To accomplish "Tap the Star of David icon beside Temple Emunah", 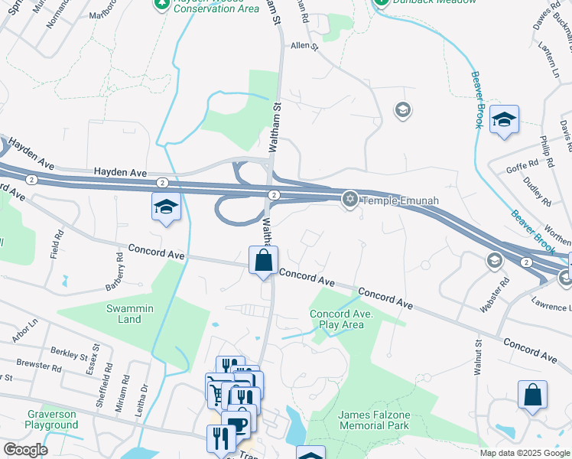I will (350, 200).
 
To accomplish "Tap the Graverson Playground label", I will (51, 419).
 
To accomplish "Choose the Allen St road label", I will (304, 46).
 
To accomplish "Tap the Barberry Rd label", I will (114, 278).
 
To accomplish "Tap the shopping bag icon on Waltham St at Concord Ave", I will (264, 259).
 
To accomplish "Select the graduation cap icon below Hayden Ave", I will (166, 207).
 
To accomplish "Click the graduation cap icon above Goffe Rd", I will (504, 119).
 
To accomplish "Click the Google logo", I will (25, 450).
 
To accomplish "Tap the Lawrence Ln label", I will (551, 307).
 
